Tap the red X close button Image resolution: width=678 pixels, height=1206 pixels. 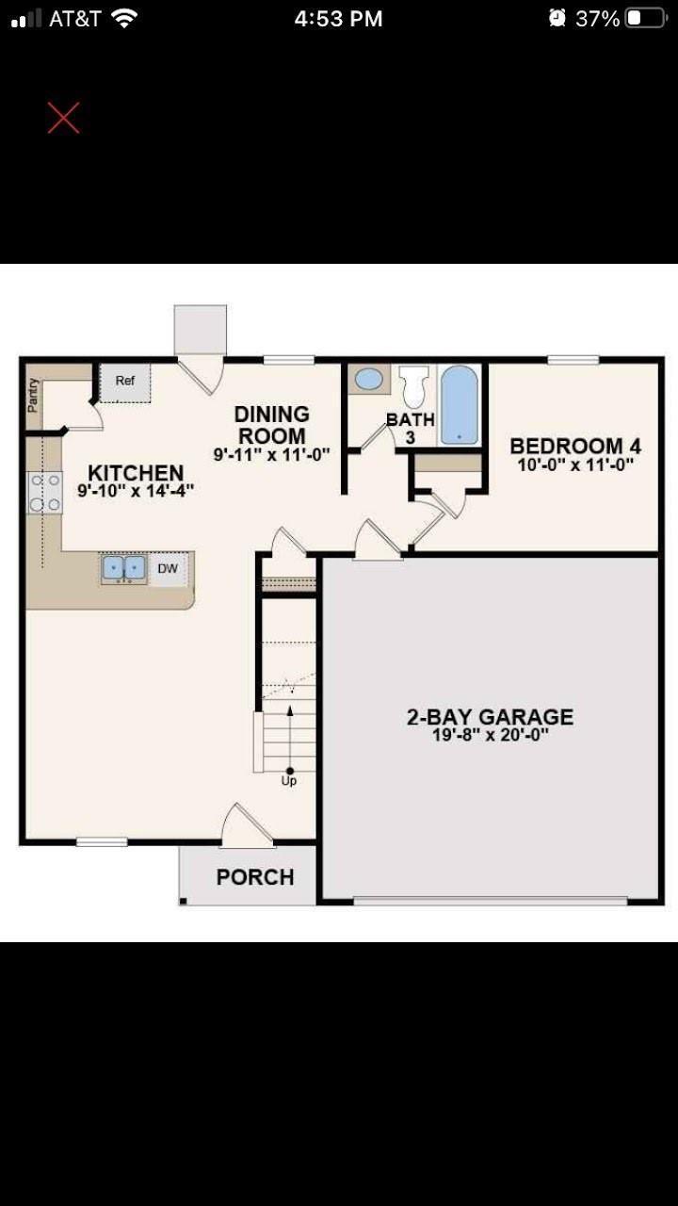[63, 118]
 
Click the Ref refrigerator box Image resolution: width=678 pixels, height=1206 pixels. [125, 383]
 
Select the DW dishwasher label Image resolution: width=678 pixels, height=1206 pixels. [168, 568]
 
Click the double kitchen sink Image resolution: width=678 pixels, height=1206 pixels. [123, 568]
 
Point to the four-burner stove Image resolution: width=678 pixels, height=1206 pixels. [45, 492]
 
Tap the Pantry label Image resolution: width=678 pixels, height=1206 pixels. [33, 396]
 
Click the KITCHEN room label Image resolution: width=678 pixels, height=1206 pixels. [136, 473]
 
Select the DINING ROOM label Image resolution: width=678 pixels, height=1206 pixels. [272, 425]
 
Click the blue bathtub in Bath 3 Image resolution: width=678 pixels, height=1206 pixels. [459, 405]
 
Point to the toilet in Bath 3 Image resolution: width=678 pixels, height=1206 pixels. [414, 386]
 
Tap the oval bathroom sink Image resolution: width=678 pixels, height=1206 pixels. [369, 379]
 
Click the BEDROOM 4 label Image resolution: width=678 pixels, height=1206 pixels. [575, 446]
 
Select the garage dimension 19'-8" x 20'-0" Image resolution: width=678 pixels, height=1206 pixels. [491, 735]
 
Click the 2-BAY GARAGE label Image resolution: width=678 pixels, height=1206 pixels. [491, 717]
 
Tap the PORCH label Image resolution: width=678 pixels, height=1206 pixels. [255, 877]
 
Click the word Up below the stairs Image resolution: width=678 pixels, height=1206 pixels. [289, 781]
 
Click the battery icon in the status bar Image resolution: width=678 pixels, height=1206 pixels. [646, 19]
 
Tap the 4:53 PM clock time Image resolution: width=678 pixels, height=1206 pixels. [338, 20]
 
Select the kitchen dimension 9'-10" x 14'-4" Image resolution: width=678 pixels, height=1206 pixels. [136, 491]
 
